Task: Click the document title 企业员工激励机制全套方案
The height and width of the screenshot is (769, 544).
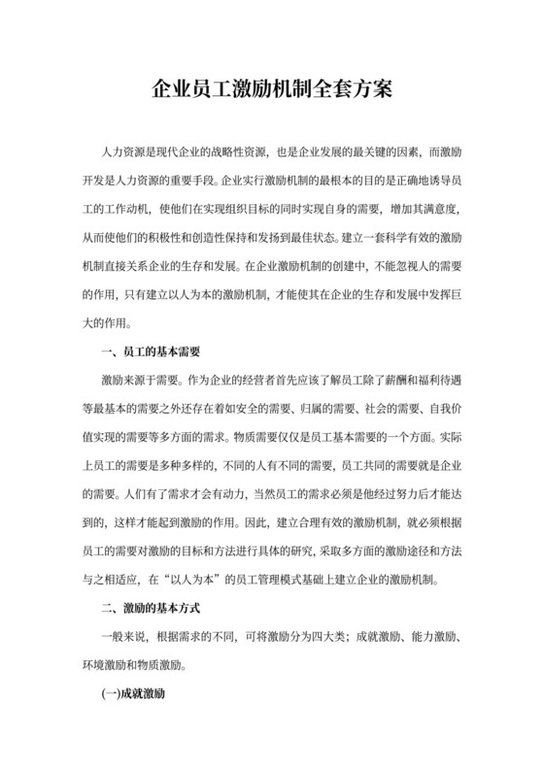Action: pyautogui.click(x=272, y=91)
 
